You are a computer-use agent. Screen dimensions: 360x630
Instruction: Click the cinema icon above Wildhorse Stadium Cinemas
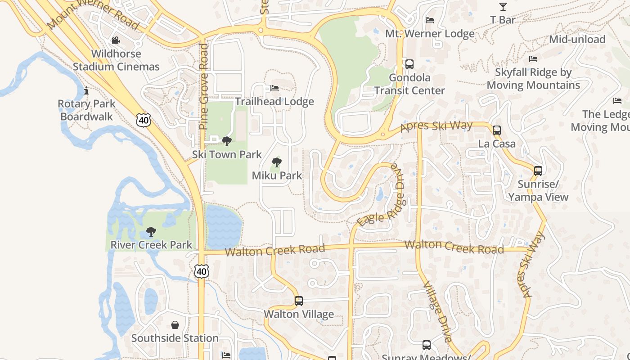(116, 40)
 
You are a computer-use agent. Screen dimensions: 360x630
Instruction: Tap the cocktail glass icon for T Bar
(503, 7)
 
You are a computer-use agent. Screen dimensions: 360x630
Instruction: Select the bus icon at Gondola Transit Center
(409, 64)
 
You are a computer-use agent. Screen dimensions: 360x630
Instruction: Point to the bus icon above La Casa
(496, 130)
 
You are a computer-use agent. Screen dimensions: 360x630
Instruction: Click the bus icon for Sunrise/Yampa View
(538, 171)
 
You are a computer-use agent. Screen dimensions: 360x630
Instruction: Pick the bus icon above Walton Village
(298, 301)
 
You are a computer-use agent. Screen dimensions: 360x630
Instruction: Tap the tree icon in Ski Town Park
(227, 141)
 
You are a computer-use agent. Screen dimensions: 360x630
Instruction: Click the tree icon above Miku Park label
(277, 162)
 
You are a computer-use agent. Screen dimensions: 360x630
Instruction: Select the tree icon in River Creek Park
(151, 232)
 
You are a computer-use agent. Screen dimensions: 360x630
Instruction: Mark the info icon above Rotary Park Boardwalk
(86, 91)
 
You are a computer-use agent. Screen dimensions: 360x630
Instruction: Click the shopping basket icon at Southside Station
(175, 325)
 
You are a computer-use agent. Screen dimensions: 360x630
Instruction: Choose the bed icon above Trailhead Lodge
(274, 88)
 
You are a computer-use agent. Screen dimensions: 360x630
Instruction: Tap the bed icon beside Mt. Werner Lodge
(430, 20)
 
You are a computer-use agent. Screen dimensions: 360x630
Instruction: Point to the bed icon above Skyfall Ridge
(533, 59)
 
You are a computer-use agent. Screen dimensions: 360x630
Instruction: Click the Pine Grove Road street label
(204, 86)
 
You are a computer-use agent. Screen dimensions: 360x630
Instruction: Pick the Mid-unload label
(577, 40)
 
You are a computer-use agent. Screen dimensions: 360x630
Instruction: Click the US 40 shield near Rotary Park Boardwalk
(144, 120)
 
